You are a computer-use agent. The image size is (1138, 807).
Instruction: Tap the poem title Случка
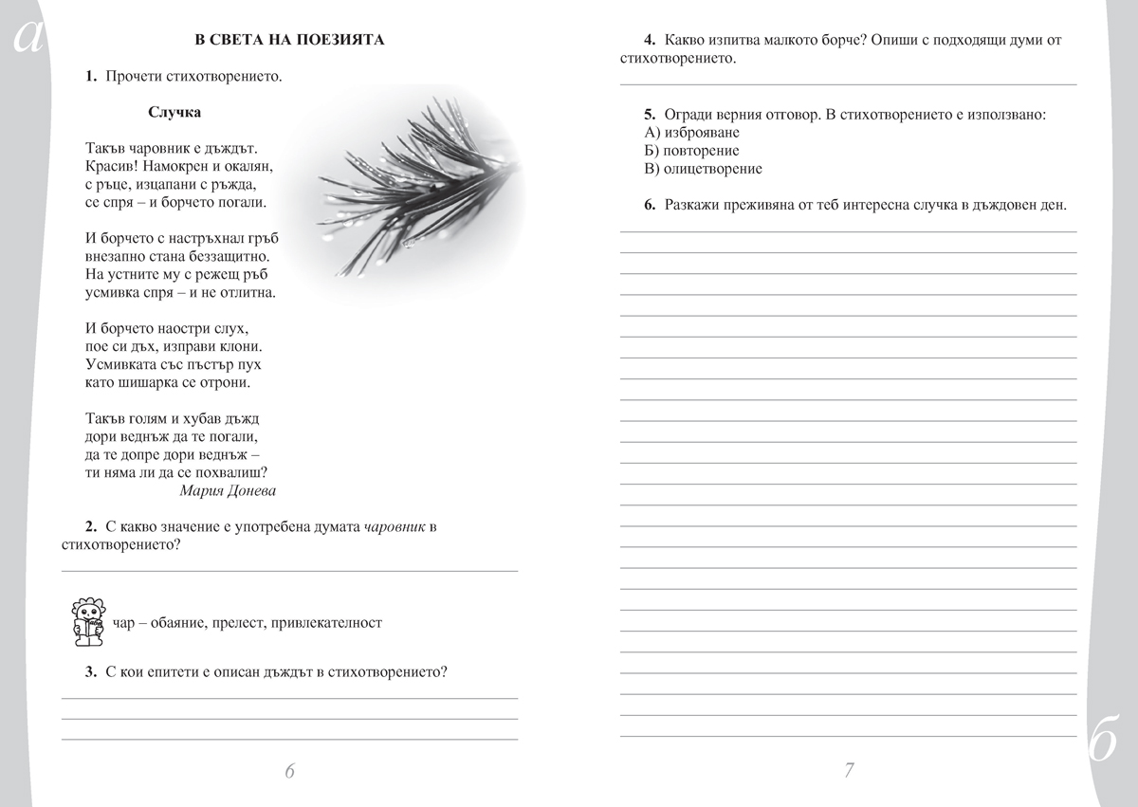coord(174,112)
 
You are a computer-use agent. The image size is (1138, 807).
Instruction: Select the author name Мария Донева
coord(228,490)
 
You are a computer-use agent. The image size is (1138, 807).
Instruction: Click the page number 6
coord(290,770)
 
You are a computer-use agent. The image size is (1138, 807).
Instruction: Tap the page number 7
coord(850,770)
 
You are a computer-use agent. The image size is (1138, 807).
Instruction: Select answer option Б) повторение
coord(691,151)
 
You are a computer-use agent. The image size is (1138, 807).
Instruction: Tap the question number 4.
coord(650,41)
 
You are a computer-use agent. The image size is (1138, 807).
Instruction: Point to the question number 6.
coord(650,204)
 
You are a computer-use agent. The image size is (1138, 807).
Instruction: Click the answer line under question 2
coord(289,570)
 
